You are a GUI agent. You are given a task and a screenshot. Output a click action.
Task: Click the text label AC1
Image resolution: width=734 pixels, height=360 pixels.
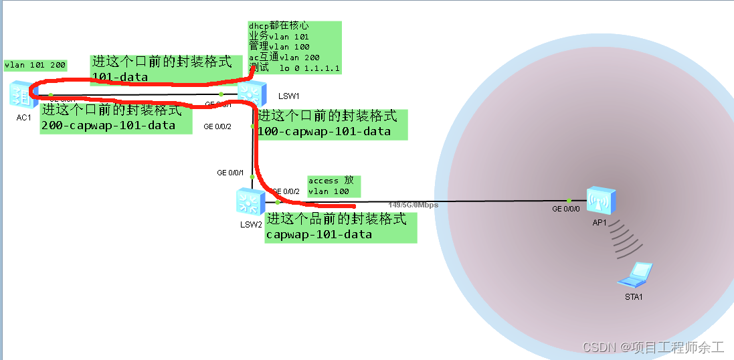pyautogui.click(x=24, y=118)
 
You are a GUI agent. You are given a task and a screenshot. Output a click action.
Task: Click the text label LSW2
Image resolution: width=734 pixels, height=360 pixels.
pyautogui.click(x=251, y=224)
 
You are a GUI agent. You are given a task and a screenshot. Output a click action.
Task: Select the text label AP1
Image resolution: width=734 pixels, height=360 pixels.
pyautogui.click(x=599, y=223)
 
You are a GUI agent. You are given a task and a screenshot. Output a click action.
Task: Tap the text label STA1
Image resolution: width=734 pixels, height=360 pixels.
pyautogui.click(x=633, y=296)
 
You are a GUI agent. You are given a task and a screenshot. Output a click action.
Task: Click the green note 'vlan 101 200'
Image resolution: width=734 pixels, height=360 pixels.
pyautogui.click(x=35, y=65)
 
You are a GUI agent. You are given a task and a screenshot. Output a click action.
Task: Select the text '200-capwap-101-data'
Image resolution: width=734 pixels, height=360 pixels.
pyautogui.click(x=108, y=125)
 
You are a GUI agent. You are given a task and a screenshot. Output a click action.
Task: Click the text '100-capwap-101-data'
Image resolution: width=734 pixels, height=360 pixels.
pyautogui.click(x=325, y=131)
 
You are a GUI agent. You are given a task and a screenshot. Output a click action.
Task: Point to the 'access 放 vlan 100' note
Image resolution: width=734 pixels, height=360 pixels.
pyautogui.click(x=334, y=186)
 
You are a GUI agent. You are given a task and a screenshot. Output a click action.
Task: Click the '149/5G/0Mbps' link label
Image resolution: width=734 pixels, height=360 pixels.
pyautogui.click(x=414, y=205)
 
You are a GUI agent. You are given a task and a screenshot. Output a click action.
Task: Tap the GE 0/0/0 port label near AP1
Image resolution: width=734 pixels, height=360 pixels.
pyautogui.click(x=565, y=209)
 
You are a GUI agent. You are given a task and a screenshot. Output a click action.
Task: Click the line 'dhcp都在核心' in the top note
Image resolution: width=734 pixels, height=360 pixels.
pyautogui.click(x=279, y=26)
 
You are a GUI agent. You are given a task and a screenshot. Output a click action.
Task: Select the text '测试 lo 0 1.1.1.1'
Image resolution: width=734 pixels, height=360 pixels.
pyautogui.click(x=294, y=68)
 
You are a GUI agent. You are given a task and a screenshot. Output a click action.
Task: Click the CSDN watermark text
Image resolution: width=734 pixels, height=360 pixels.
pyautogui.click(x=653, y=347)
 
